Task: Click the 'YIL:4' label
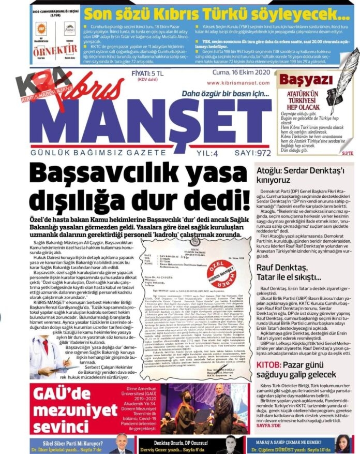tap(196, 153)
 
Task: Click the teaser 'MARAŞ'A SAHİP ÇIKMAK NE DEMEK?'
tap(288, 443)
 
